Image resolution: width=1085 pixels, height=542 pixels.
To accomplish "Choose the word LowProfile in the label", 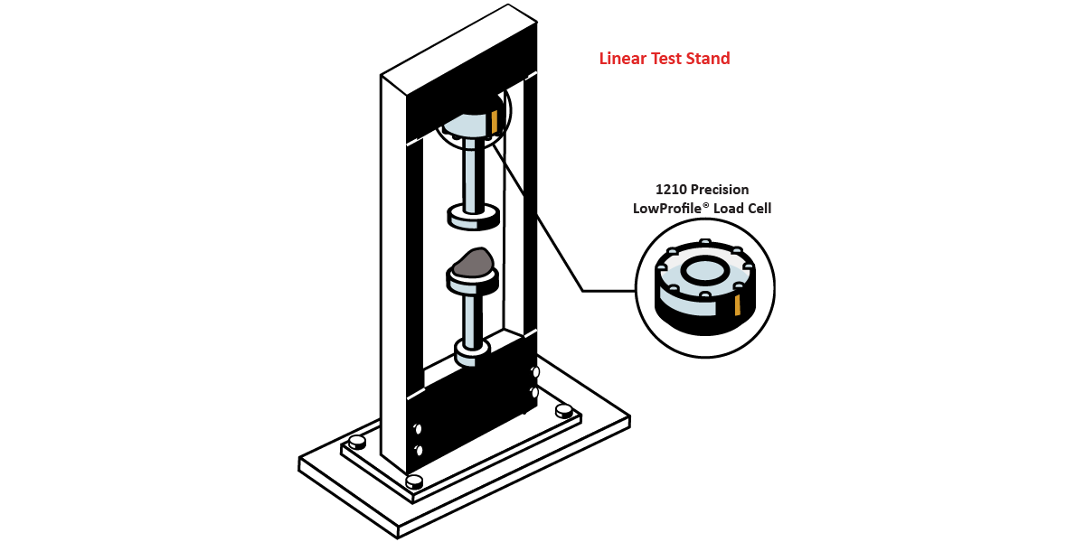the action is coord(668,208).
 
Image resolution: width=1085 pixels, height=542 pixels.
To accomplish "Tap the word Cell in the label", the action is coord(759,208).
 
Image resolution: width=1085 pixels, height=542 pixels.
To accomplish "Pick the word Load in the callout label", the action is coord(728,208).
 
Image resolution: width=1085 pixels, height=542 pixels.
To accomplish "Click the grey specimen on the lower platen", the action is coord(473,263).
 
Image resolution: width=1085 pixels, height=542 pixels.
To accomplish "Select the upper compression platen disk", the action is coord(473,217).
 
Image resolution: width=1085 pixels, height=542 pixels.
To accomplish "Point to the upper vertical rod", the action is coord(472,175).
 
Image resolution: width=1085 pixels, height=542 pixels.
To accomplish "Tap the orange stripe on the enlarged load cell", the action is coord(737,306).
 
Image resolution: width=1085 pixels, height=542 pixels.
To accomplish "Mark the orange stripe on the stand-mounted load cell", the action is coord(494,121).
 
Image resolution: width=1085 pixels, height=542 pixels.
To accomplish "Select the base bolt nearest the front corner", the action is coord(414,482).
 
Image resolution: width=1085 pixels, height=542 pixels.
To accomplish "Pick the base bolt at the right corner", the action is coord(564,411).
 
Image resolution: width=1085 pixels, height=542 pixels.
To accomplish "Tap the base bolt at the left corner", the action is coord(357,442).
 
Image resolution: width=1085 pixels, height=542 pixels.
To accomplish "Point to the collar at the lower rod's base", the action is coord(472,354).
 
